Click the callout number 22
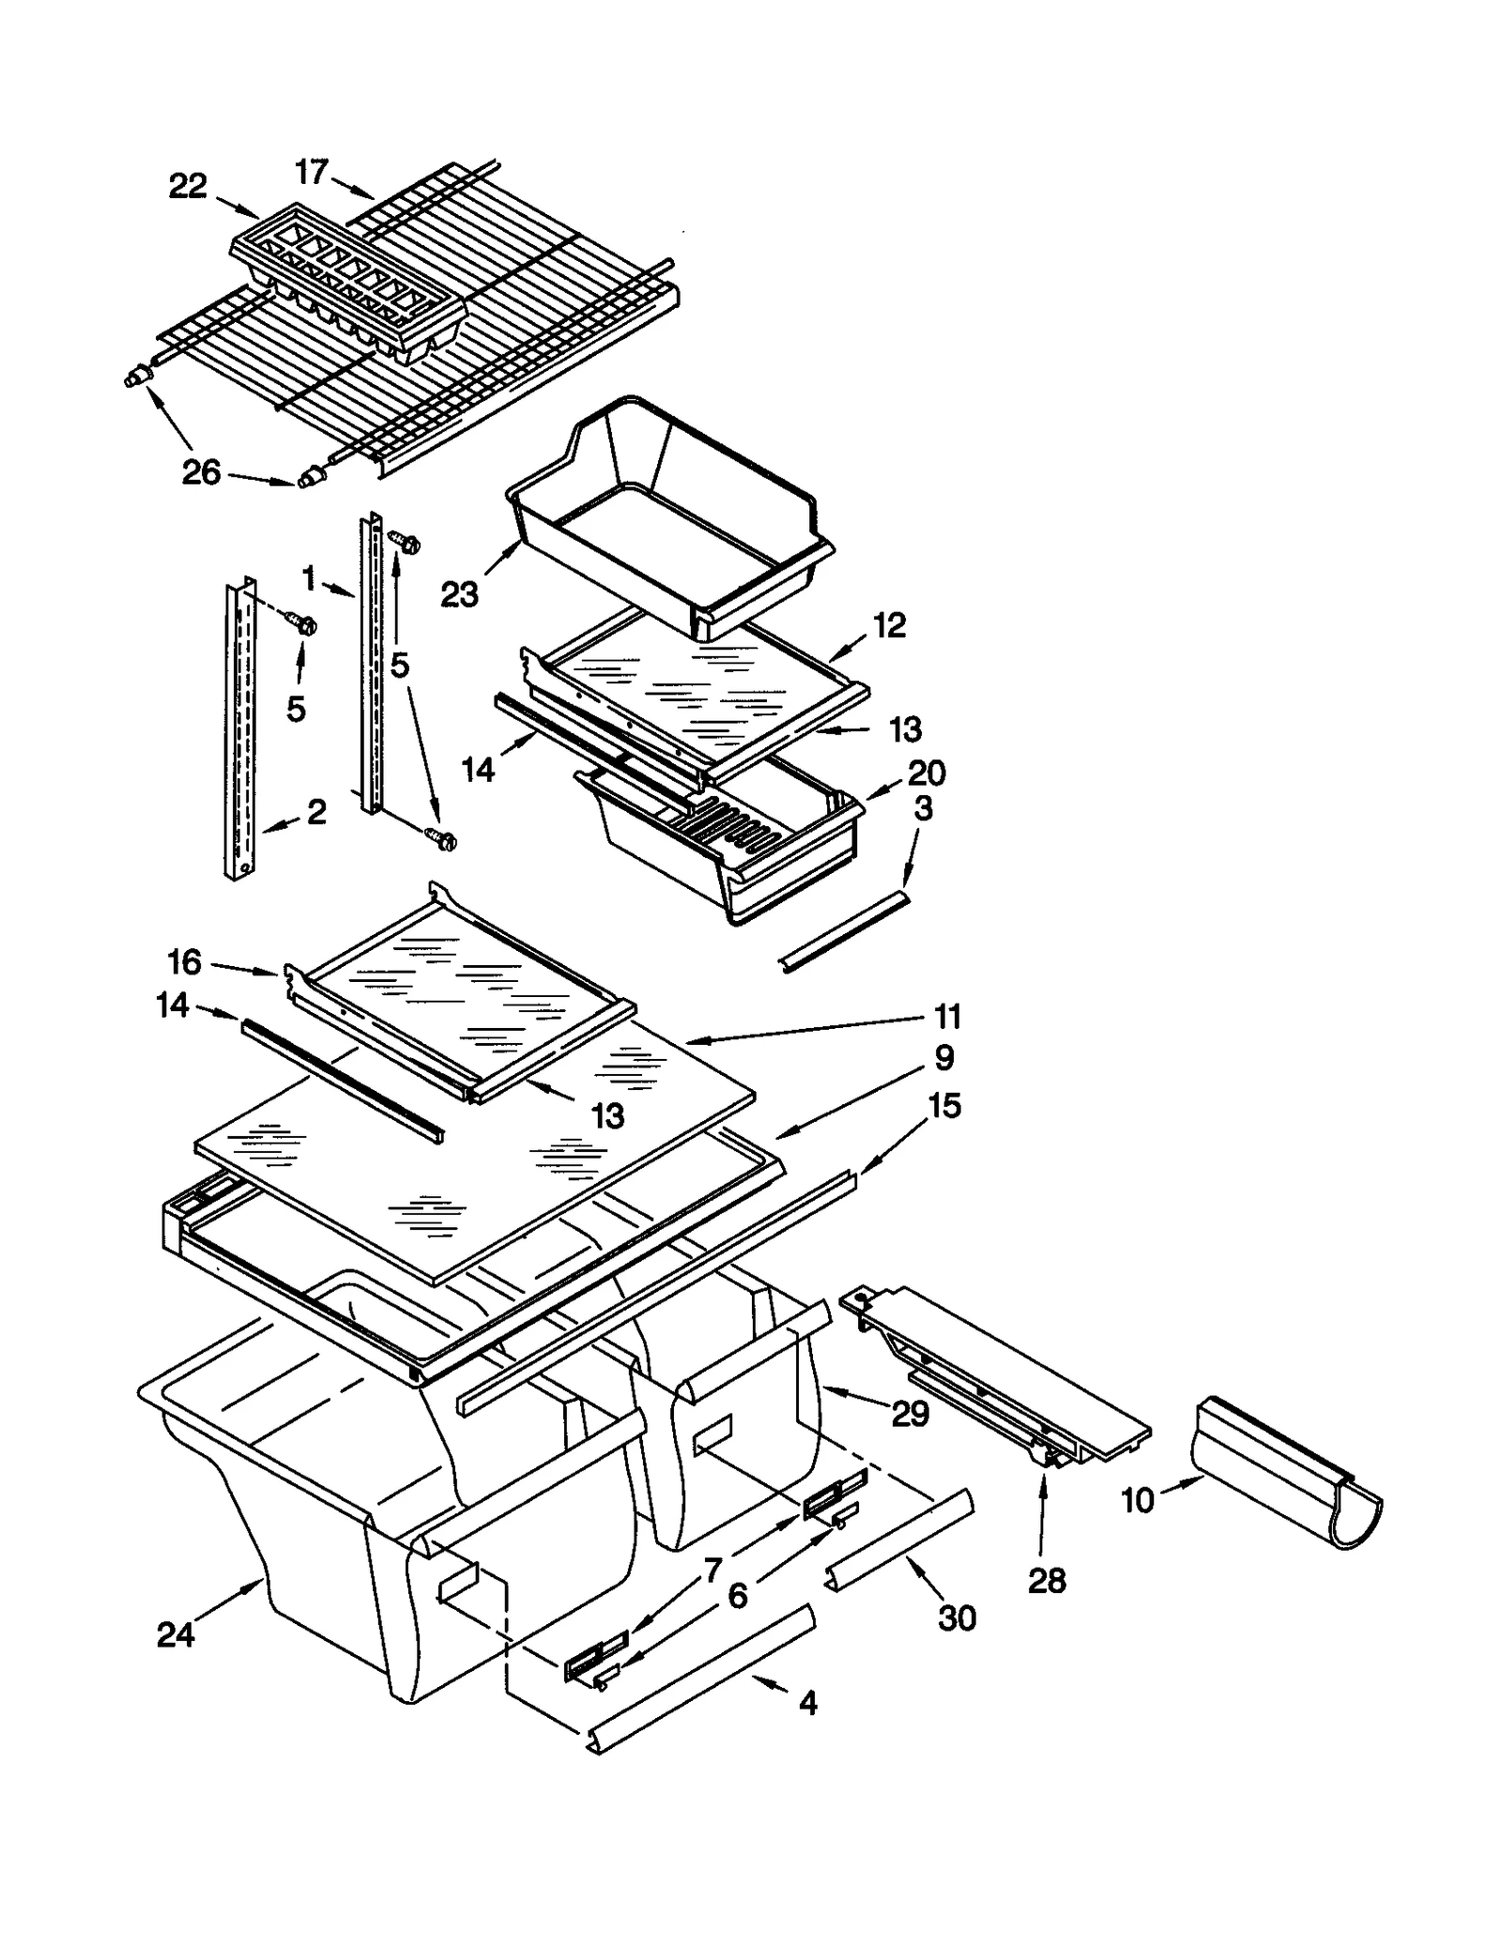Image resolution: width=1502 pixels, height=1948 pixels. (x=187, y=186)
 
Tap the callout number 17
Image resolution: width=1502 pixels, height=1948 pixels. (x=312, y=172)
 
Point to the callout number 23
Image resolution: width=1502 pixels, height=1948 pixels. (x=459, y=594)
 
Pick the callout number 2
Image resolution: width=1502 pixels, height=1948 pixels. (x=316, y=812)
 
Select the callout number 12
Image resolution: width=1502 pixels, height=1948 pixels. (x=890, y=625)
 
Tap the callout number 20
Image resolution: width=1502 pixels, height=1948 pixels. (x=927, y=773)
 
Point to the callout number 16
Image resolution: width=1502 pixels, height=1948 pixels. (x=184, y=961)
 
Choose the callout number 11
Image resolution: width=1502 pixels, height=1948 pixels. (x=947, y=1016)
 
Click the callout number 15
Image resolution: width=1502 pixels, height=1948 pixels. (x=944, y=1106)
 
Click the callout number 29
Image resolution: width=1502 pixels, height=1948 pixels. (x=910, y=1413)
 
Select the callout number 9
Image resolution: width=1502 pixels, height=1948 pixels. (x=944, y=1057)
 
